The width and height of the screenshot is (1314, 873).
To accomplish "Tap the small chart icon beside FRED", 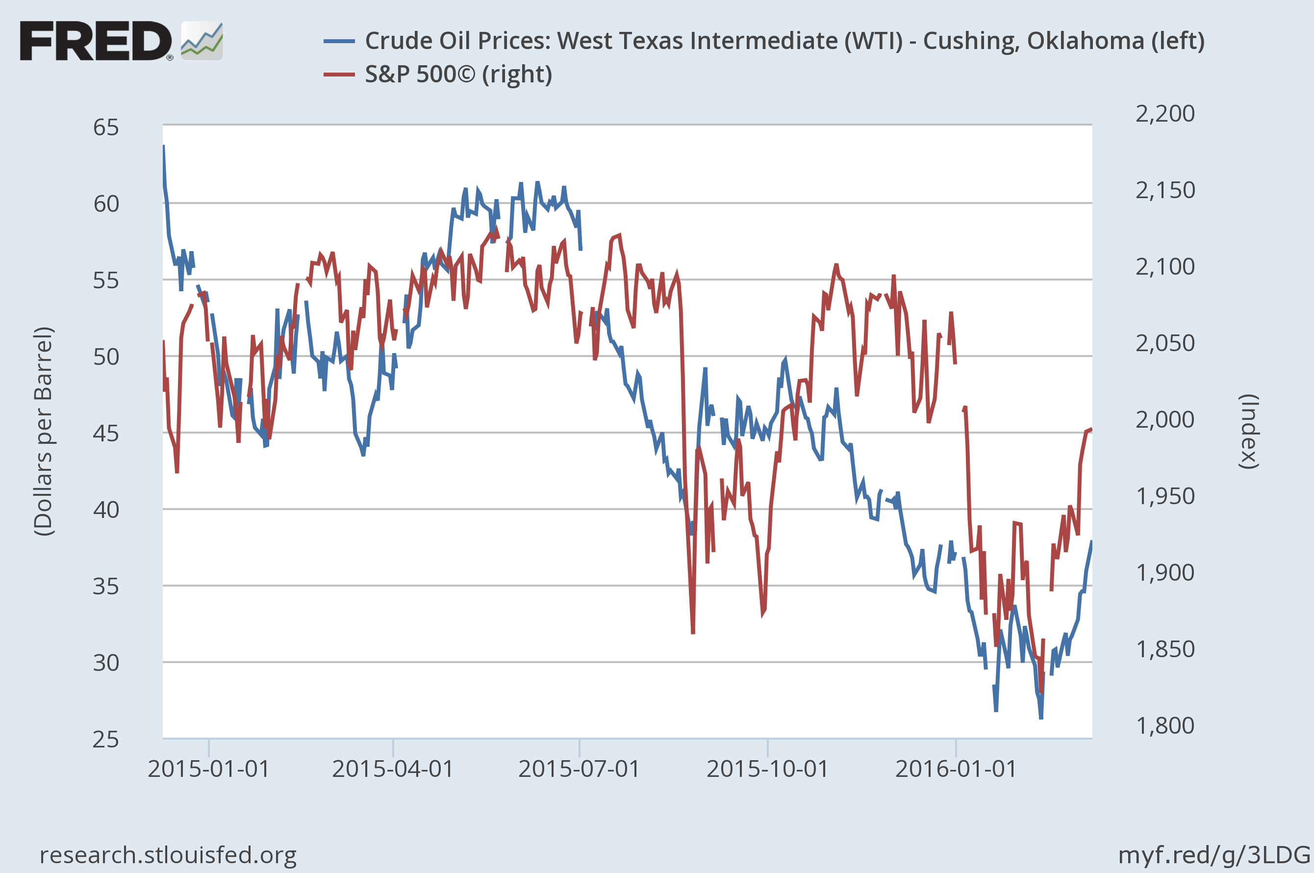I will (202, 41).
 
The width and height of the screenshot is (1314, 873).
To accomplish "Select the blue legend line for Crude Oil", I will (339, 41).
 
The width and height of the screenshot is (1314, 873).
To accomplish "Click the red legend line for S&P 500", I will (339, 75).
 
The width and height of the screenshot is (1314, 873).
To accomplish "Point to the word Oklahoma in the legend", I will (1085, 41).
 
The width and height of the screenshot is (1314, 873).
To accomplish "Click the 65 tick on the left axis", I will (106, 128).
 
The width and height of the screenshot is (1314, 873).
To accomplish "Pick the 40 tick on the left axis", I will (106, 510).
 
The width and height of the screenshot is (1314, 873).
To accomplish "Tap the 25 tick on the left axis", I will (106, 740).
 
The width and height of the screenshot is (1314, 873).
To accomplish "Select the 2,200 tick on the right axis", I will (1165, 114).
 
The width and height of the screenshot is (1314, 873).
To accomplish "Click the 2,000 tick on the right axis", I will (1165, 419).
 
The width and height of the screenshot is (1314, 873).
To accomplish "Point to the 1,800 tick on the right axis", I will (1165, 725).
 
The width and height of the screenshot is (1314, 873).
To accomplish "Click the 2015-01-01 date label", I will (209, 769).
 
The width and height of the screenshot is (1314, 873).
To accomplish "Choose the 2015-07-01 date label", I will (579, 769).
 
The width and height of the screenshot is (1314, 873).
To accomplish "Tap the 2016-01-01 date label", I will (956, 769).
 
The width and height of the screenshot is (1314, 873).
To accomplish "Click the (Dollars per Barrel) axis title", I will (44, 432).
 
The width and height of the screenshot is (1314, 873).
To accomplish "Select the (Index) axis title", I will (1249, 432).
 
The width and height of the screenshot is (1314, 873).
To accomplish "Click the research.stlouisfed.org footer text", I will (168, 855).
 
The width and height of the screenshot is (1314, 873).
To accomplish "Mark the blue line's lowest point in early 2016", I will (1041, 718).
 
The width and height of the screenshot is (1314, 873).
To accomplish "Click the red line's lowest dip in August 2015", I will (693, 633).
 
